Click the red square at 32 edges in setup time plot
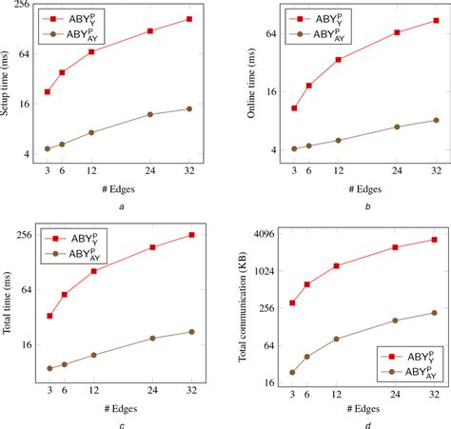(188, 19)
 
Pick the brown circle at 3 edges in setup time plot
(48, 149)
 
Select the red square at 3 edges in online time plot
(294, 108)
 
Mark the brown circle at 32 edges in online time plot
(436, 120)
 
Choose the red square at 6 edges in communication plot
(306, 284)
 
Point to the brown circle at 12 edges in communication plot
(337, 339)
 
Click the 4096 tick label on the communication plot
(261, 232)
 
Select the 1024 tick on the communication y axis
(261, 270)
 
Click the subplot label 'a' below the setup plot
(118, 206)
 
